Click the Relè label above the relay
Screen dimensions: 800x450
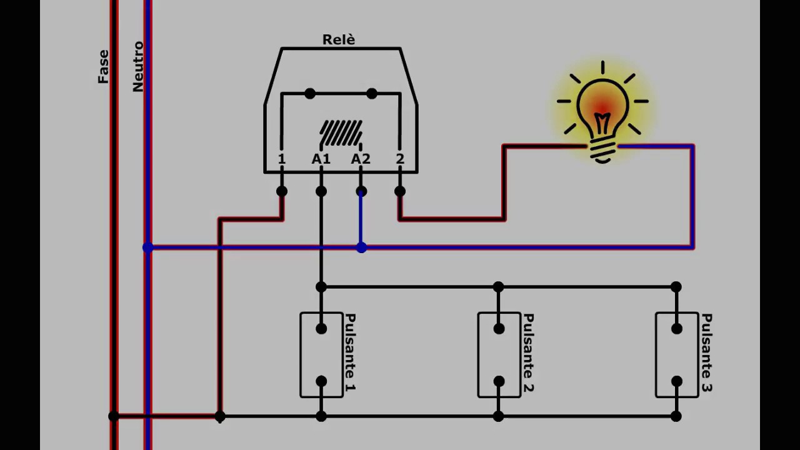(x=339, y=39)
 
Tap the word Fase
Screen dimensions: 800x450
(x=103, y=67)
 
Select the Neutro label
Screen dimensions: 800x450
(x=138, y=67)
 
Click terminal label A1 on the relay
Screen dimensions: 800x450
(x=321, y=159)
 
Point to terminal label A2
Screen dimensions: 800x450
(x=361, y=159)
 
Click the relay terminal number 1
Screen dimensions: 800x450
(x=282, y=159)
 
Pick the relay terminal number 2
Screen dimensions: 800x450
(x=400, y=159)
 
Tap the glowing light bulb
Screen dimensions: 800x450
(x=602, y=111)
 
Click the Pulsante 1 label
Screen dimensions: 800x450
(x=350, y=352)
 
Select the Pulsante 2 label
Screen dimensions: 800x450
(x=528, y=352)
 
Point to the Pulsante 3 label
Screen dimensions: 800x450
(x=706, y=352)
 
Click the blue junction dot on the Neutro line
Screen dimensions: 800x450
(x=148, y=247)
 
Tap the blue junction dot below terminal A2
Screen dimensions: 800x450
(x=361, y=247)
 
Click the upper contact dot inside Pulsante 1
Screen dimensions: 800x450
(x=321, y=329)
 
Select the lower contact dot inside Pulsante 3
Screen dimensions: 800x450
(x=676, y=381)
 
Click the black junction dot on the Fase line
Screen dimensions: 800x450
(x=114, y=416)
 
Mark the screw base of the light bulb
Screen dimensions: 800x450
(x=602, y=151)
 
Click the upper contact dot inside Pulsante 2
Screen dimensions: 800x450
(x=499, y=329)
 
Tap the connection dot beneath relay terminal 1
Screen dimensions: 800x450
(x=282, y=191)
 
